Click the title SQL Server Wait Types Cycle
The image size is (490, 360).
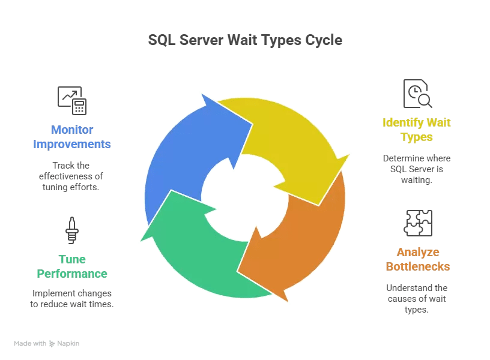point(245,40)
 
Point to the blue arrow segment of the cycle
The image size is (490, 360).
point(180,150)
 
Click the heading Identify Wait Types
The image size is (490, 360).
point(417,130)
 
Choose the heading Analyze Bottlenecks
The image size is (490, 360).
point(417,259)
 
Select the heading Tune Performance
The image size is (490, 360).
point(72,266)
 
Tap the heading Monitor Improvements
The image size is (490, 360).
point(72,137)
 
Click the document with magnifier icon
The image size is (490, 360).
point(417,94)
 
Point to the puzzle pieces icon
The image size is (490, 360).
point(418,223)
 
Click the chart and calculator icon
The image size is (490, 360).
point(72,100)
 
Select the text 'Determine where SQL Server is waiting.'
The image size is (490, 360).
point(417,169)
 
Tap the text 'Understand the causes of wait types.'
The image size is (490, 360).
point(417,299)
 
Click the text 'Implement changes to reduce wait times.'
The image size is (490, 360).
point(73,299)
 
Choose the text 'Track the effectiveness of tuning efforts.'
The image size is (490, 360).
point(72,176)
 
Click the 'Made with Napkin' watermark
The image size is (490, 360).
point(47,344)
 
